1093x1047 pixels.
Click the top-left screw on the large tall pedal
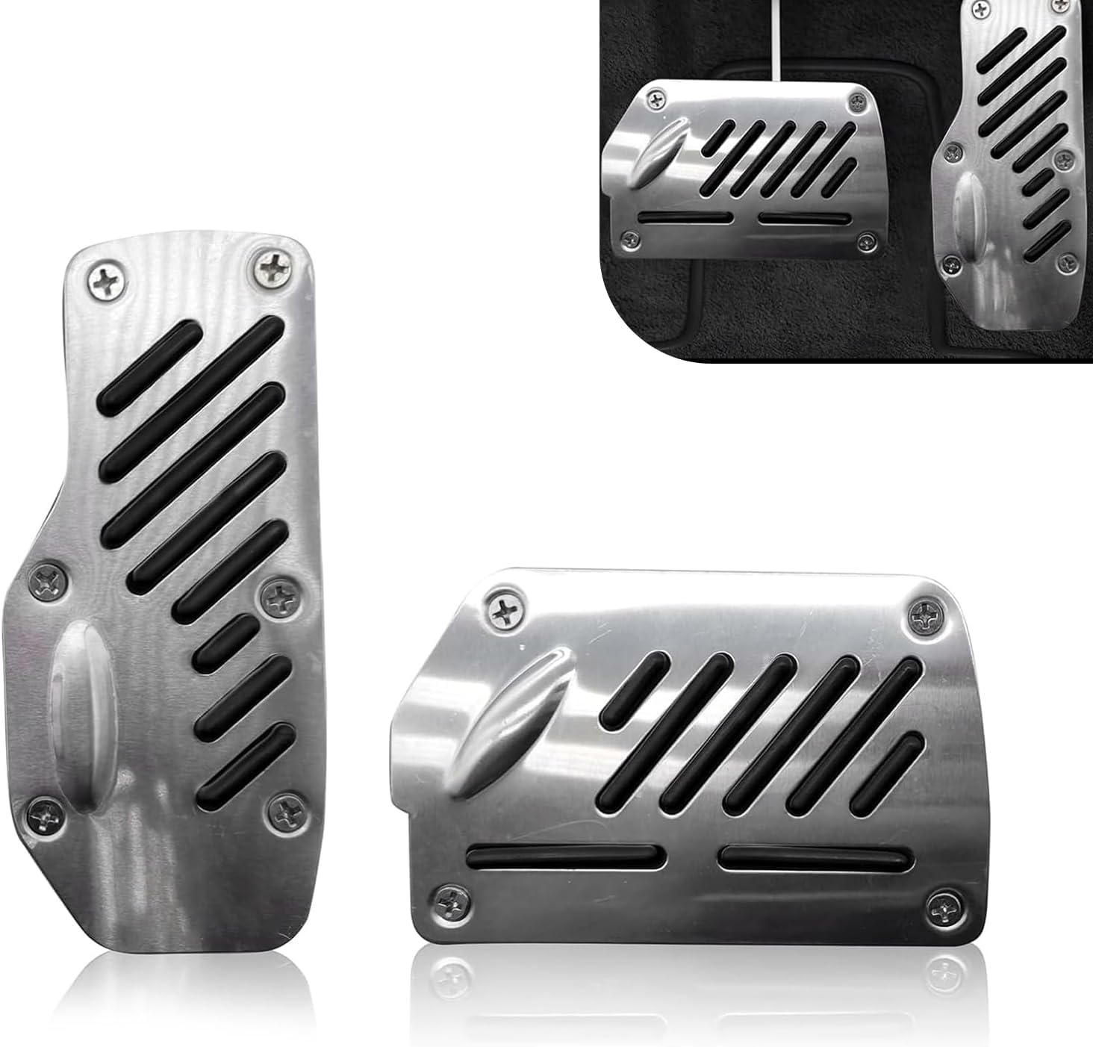(102, 279)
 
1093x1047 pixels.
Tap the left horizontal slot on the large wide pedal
(566, 857)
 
